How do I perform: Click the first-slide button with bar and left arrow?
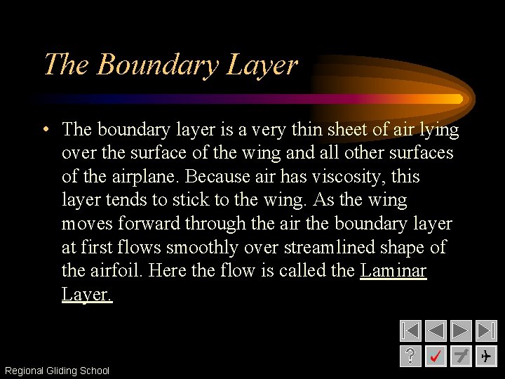click(410, 331)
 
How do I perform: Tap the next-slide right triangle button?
click(461, 331)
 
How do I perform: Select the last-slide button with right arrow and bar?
click(486, 331)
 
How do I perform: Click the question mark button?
click(410, 356)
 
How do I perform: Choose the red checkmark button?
click(436, 356)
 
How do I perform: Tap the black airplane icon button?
click(486, 356)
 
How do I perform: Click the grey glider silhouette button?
click(461, 356)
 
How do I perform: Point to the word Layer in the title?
click(261, 65)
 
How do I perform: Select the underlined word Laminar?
click(393, 270)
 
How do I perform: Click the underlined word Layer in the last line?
click(86, 294)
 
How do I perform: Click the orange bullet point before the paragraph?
click(44, 130)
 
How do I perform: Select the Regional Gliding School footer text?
click(57, 371)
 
